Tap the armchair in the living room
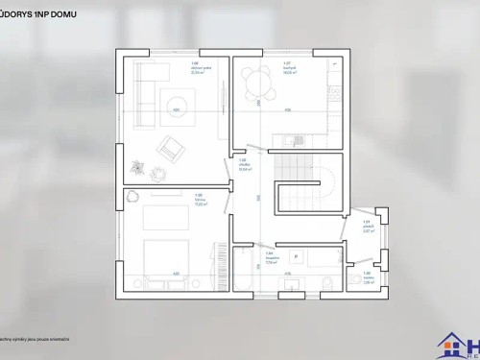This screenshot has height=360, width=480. [171, 147]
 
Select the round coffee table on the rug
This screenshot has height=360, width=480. [177, 101]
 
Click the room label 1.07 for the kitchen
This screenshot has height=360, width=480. [287, 64]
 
